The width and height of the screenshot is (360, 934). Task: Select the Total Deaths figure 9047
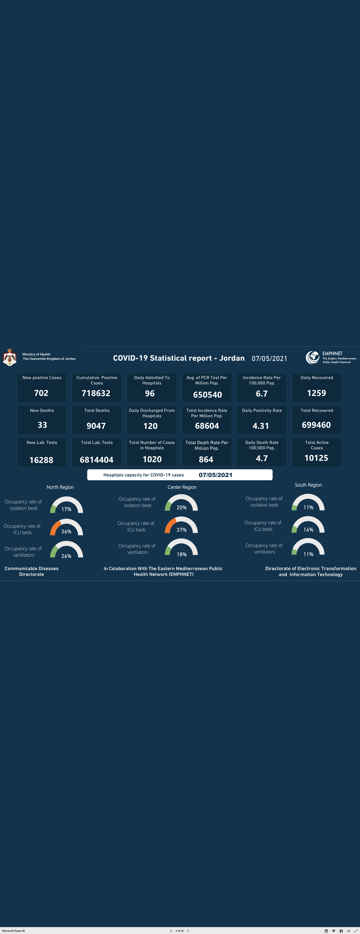pos(96,426)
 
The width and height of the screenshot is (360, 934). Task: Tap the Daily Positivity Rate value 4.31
pos(261,426)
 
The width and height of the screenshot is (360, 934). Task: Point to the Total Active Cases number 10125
pos(316,458)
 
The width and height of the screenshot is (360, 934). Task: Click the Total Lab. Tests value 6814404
pos(96,460)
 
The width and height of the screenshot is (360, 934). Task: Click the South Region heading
pos(308,485)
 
